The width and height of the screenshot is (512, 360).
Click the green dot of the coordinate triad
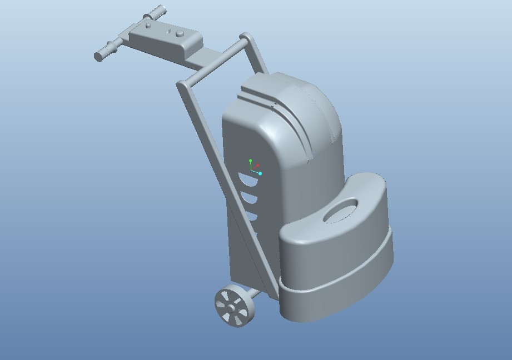pyautogui.click(x=251, y=161)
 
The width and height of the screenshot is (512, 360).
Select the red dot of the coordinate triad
pyautogui.click(x=258, y=166)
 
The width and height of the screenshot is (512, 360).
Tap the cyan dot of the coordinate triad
pyautogui.click(x=260, y=174)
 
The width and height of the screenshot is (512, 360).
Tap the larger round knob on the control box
pyautogui.click(x=180, y=34)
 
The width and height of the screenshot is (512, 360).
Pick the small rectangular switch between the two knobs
pyautogui.click(x=169, y=31)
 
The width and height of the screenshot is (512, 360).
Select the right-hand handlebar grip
pyautogui.click(x=158, y=11)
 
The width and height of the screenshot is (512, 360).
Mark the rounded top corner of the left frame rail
pyautogui.click(x=181, y=84)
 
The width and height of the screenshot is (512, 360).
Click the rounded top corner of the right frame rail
pyautogui.click(x=246, y=38)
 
